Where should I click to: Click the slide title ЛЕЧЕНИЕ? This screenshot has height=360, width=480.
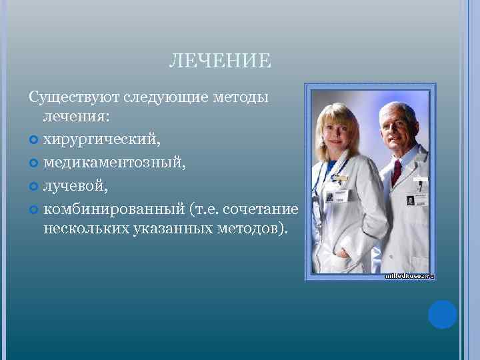tap(220, 62)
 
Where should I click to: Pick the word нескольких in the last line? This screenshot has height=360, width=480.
tap(84, 229)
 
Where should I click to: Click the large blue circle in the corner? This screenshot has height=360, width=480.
tap(442, 315)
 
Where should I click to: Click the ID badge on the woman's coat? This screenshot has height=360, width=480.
tap(339, 197)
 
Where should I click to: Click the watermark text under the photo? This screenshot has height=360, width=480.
tap(409, 275)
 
